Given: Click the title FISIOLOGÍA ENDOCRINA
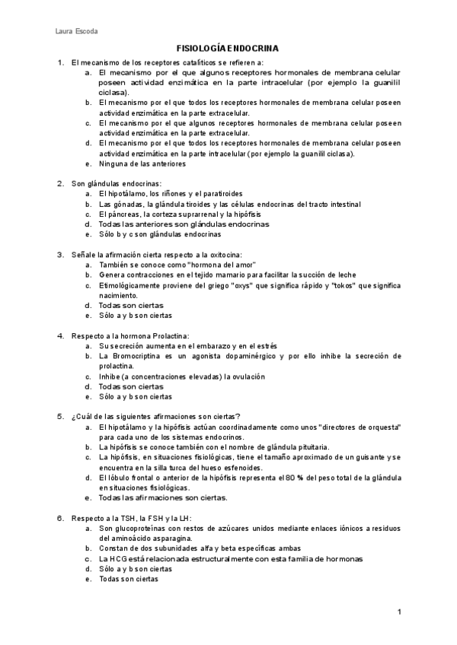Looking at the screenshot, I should click(228, 48).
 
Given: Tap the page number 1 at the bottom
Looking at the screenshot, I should click(398, 612).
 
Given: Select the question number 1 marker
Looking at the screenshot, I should click(60, 62).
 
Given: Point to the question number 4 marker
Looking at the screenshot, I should click(60, 335).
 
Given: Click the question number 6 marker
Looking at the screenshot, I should click(60, 518).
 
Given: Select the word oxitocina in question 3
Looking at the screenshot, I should click(225, 255).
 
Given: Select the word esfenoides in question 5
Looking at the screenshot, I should click(244, 468).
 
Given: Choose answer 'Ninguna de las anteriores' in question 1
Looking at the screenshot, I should click(142, 164).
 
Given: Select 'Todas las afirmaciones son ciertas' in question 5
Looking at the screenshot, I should click(164, 498).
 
